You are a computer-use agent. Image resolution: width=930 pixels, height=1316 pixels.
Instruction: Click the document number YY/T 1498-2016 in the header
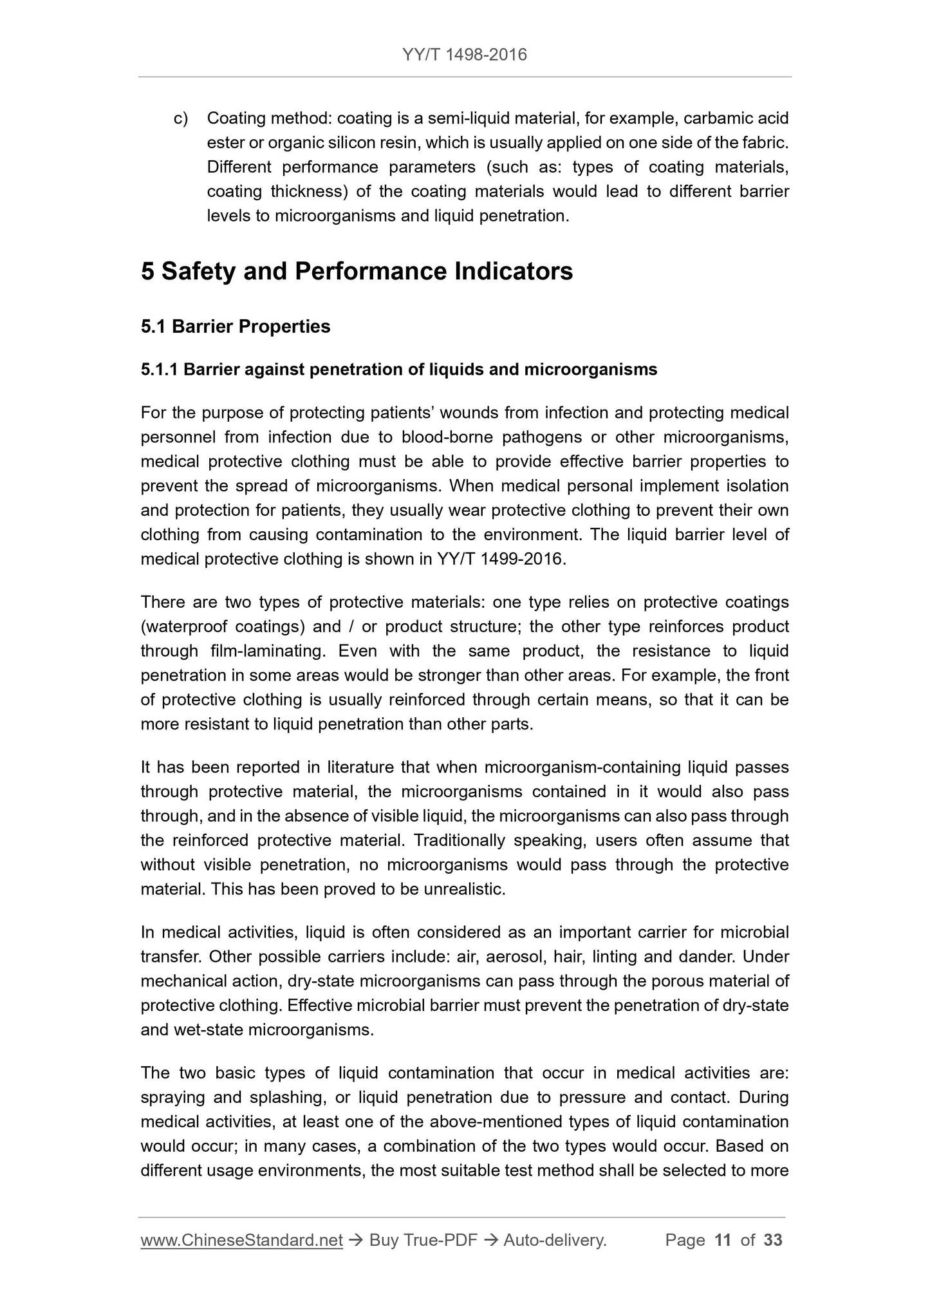click(x=465, y=55)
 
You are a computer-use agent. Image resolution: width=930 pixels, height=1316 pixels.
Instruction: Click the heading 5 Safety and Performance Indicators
click(x=357, y=272)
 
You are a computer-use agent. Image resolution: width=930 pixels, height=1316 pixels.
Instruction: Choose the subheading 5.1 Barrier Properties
click(x=236, y=327)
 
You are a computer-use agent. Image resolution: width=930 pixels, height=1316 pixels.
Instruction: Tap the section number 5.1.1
click(x=160, y=370)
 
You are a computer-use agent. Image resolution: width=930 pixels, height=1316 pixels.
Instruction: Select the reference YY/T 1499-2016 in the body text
click(x=500, y=559)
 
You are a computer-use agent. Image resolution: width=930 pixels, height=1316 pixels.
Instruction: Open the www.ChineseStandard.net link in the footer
click(x=241, y=1241)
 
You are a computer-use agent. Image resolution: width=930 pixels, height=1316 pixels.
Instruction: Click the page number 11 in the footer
click(x=723, y=1241)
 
